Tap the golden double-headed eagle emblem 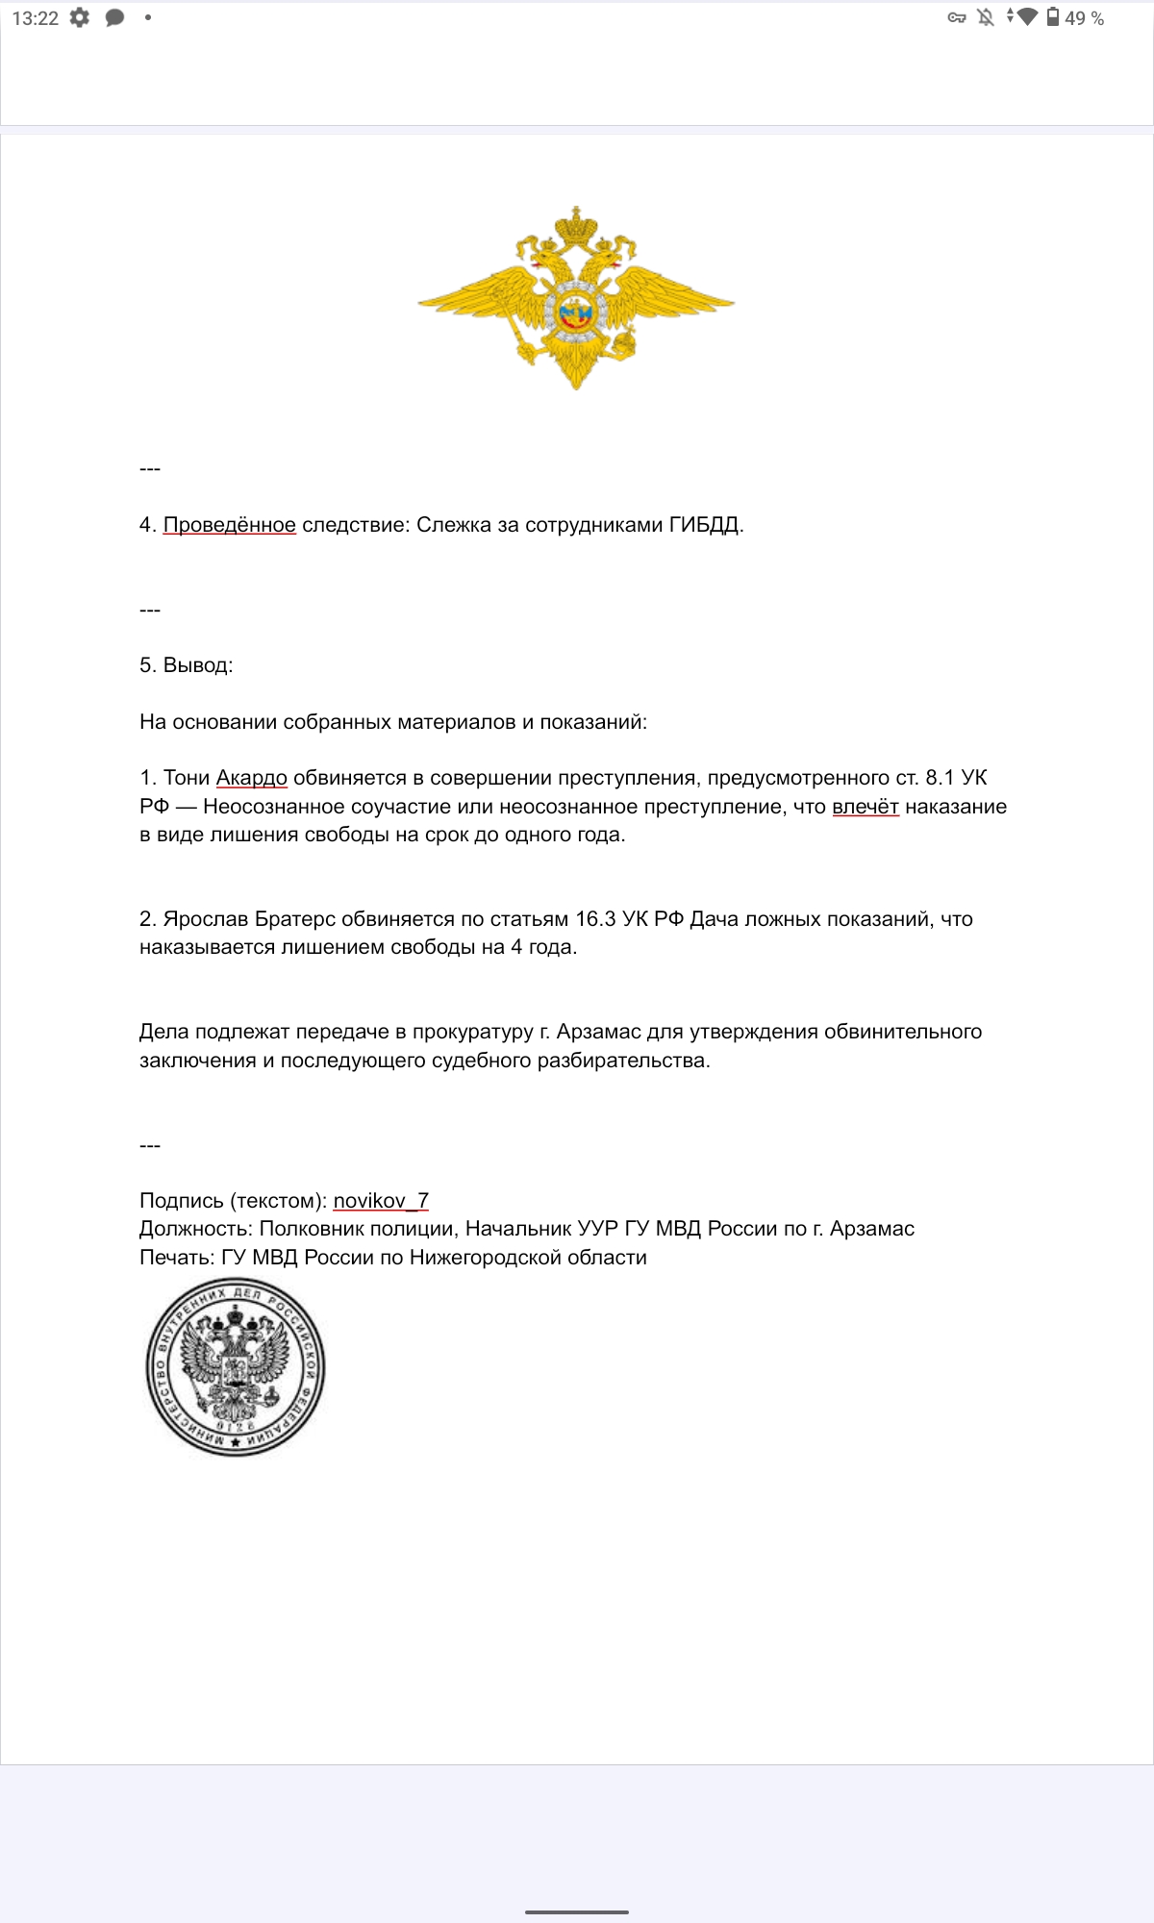[x=576, y=298]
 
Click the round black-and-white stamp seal [x=236, y=1366]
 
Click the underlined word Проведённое [x=229, y=525]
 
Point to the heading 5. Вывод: [x=186, y=665]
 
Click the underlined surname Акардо [x=251, y=778]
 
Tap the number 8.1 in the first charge [x=940, y=778]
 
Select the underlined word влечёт [x=865, y=807]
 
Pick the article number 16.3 [x=595, y=919]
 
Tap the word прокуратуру [x=472, y=1032]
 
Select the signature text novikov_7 [x=381, y=1201]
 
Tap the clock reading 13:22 [x=35, y=18]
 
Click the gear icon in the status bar [x=80, y=17]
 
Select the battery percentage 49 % [x=1084, y=18]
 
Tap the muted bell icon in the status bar [x=986, y=17]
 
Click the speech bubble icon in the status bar [x=114, y=17]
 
